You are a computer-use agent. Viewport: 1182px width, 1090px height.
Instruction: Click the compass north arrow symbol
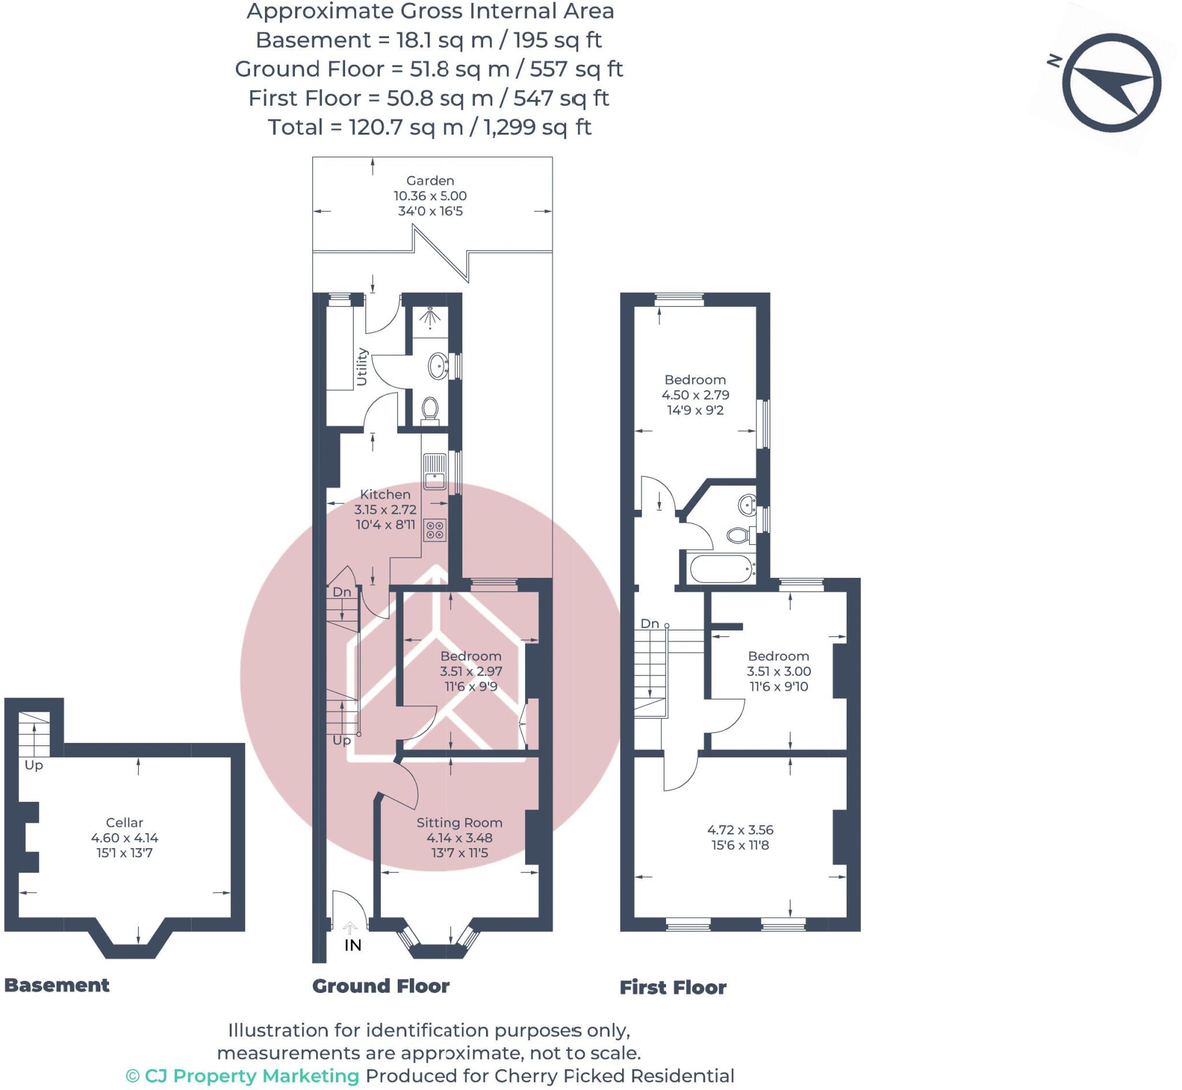pos(1111,83)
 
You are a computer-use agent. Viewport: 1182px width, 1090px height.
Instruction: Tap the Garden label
pos(431,181)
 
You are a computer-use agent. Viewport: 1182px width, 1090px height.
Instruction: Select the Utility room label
pos(362,367)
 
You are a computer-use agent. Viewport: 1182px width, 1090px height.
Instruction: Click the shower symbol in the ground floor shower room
pos(431,317)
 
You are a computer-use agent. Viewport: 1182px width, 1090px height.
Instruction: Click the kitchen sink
pos(435,471)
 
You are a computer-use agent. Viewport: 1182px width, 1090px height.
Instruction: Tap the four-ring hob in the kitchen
pos(435,529)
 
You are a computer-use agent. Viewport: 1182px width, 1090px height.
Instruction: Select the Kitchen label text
pos(385,494)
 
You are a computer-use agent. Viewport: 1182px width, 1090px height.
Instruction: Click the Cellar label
pos(125,822)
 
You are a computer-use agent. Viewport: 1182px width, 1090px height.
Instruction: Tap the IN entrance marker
pos(353,945)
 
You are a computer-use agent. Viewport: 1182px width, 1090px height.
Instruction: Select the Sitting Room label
pos(459,822)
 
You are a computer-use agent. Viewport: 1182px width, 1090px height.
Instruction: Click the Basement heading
pos(57,985)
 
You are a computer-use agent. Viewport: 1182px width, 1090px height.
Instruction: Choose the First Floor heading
pos(672,987)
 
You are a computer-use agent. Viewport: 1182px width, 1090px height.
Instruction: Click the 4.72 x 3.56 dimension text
pos(740,829)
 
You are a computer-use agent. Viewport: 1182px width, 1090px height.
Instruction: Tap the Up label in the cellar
pos(33,765)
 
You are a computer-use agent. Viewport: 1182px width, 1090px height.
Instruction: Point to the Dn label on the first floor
pos(650,624)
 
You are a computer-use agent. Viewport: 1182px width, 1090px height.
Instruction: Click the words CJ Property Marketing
pos(252,1076)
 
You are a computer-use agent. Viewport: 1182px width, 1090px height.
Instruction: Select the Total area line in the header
pos(430,127)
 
